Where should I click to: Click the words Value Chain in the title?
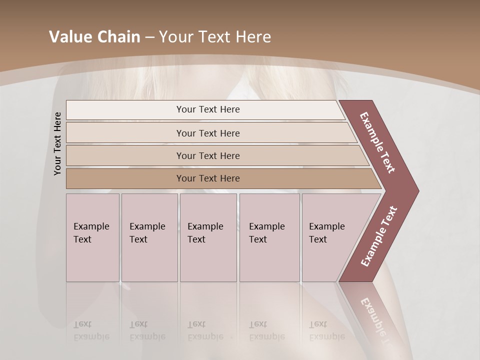[x=94, y=37]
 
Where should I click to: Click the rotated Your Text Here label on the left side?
[x=57, y=143]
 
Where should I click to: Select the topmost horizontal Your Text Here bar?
[x=207, y=109]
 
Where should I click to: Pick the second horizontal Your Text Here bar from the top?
[x=208, y=133]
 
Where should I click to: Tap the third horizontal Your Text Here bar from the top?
[x=208, y=155]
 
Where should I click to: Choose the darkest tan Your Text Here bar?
[x=208, y=178]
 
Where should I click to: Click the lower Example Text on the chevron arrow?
[x=379, y=236]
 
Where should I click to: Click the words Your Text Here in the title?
[x=215, y=37]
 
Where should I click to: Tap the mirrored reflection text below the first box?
[x=91, y=330]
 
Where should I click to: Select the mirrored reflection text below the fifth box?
[x=326, y=330]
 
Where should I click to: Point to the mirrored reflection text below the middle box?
[x=205, y=330]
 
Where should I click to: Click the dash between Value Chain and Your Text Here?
[x=149, y=37]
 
